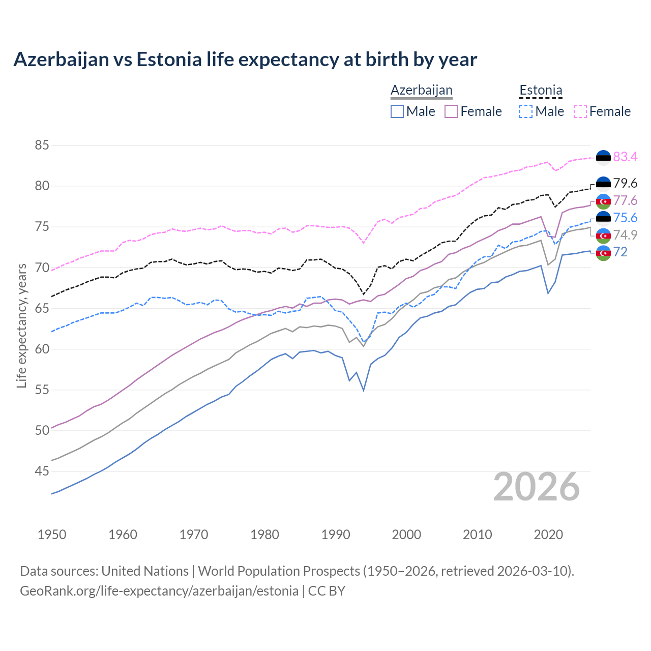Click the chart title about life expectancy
pos(245,60)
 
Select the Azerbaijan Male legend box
pos(397,111)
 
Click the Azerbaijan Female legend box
pos(451,111)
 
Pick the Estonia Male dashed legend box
pos(526,111)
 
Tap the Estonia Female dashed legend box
pos(580,111)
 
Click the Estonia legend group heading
pos(541,91)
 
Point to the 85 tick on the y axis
pos(42,145)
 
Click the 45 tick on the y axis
pos(42,471)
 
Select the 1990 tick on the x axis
pos(336,535)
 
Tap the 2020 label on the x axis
pos(548,535)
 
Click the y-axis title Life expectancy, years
pos(21,325)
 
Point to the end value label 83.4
pos(625,157)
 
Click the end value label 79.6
pos(625,184)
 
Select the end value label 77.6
pos(625,200)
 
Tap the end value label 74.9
pos(625,235)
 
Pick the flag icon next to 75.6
pos(603,218)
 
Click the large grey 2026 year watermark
pos(537,487)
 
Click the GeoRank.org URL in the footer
pos(159,591)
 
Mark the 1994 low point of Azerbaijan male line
pos(364,390)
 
